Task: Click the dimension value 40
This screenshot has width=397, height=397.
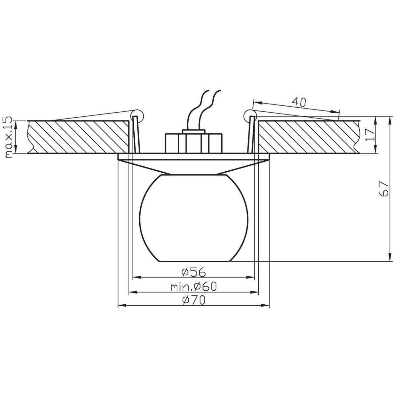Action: point(299,102)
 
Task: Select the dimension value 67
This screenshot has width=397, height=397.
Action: point(384,189)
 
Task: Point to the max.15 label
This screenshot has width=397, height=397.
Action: point(9,137)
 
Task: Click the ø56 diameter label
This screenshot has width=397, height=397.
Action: point(194,272)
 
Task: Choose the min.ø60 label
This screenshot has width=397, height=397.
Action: point(194,287)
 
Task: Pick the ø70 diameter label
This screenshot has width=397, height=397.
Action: point(194,300)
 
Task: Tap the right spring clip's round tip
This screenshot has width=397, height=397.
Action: point(250,114)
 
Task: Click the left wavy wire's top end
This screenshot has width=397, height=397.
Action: point(209,90)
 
